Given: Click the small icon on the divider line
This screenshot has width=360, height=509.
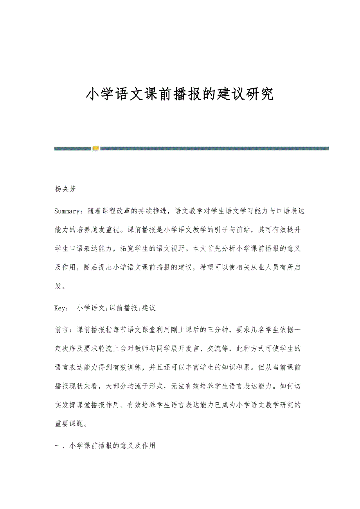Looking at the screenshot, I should pos(96,148).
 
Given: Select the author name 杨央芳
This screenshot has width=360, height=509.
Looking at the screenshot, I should pos(65,189).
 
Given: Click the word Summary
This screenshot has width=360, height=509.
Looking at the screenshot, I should pos(67,211).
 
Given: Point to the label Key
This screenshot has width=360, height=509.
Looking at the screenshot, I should pos(61,308).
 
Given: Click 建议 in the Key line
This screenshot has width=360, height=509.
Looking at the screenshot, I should pos(149,308).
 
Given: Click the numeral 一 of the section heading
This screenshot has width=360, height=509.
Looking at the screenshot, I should pos(58,445).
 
